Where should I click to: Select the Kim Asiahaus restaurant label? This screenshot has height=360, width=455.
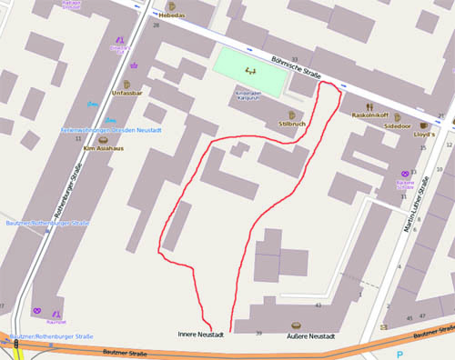point(102,148)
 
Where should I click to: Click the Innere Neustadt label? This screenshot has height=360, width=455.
point(200,335)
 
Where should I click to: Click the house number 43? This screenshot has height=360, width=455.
point(318,305)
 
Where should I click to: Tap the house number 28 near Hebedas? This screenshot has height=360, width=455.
point(156,25)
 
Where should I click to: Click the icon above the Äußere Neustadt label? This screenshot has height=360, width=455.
point(295,325)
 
